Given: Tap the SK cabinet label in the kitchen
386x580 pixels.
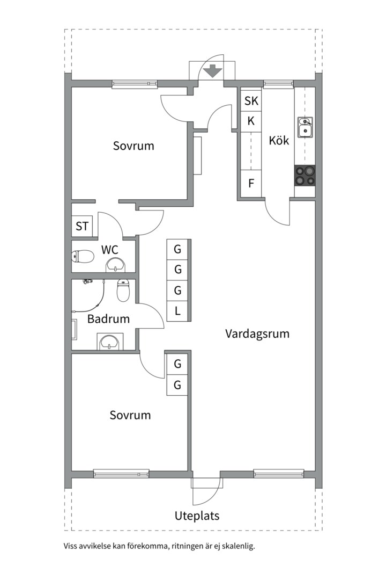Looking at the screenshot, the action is pyautogui.click(x=251, y=100).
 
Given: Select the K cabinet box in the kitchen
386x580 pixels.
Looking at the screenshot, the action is pyautogui.click(x=251, y=121).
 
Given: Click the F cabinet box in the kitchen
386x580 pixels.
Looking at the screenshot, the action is pyautogui.click(x=251, y=184).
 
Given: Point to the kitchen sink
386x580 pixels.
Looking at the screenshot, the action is pyautogui.click(x=305, y=127).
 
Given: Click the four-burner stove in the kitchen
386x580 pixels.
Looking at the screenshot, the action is pyautogui.click(x=305, y=176).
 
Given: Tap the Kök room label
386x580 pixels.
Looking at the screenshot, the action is pyautogui.click(x=279, y=141).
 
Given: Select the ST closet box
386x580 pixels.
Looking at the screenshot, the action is pyautogui.click(x=81, y=226).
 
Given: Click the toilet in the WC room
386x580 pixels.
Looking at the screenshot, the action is pyautogui.click(x=83, y=256).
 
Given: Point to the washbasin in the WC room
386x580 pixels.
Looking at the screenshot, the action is pyautogui.click(x=116, y=265).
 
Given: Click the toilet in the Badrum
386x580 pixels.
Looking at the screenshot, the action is pyautogui.click(x=123, y=289).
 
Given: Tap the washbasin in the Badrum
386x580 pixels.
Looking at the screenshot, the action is pyautogui.click(x=110, y=342).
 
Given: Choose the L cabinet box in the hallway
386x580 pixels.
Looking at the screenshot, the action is pyautogui.click(x=177, y=311).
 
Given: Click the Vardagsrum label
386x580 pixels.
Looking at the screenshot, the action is pyautogui.click(x=257, y=334).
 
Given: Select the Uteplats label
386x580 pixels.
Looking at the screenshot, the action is pyautogui.click(x=197, y=516).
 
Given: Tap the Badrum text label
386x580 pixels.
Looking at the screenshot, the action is pyautogui.click(x=108, y=319).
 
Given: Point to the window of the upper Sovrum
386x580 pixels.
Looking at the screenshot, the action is pyautogui.click(x=135, y=84).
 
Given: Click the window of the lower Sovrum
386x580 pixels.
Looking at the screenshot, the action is pyautogui.click(x=121, y=473).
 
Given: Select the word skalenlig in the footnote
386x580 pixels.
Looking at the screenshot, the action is pyautogui.click(x=239, y=546).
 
